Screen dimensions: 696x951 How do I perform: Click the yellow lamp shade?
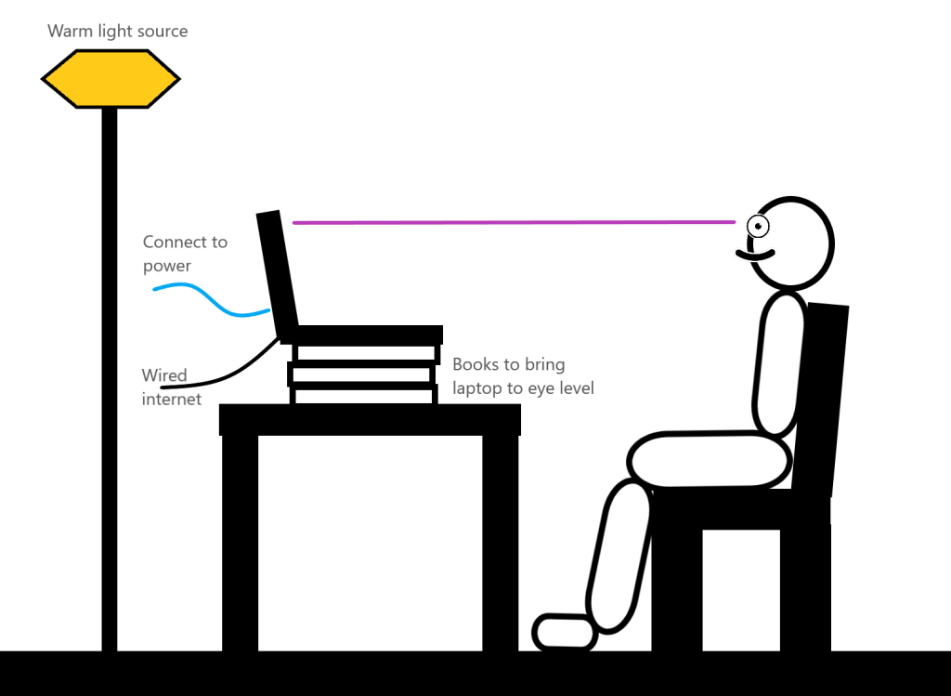click(110, 79)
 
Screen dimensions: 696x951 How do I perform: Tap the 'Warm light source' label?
click(118, 32)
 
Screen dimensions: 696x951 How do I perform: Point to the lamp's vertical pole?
click(110, 372)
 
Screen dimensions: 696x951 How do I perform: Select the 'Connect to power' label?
click(184, 254)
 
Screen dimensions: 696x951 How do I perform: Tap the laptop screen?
click(278, 274)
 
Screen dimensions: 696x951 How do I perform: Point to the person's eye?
click(759, 225)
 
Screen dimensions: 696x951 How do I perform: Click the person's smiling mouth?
click(755, 254)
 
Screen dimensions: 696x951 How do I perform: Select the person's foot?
click(565, 632)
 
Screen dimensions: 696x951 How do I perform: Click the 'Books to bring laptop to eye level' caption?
click(523, 375)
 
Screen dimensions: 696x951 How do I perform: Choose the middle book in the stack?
click(362, 374)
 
